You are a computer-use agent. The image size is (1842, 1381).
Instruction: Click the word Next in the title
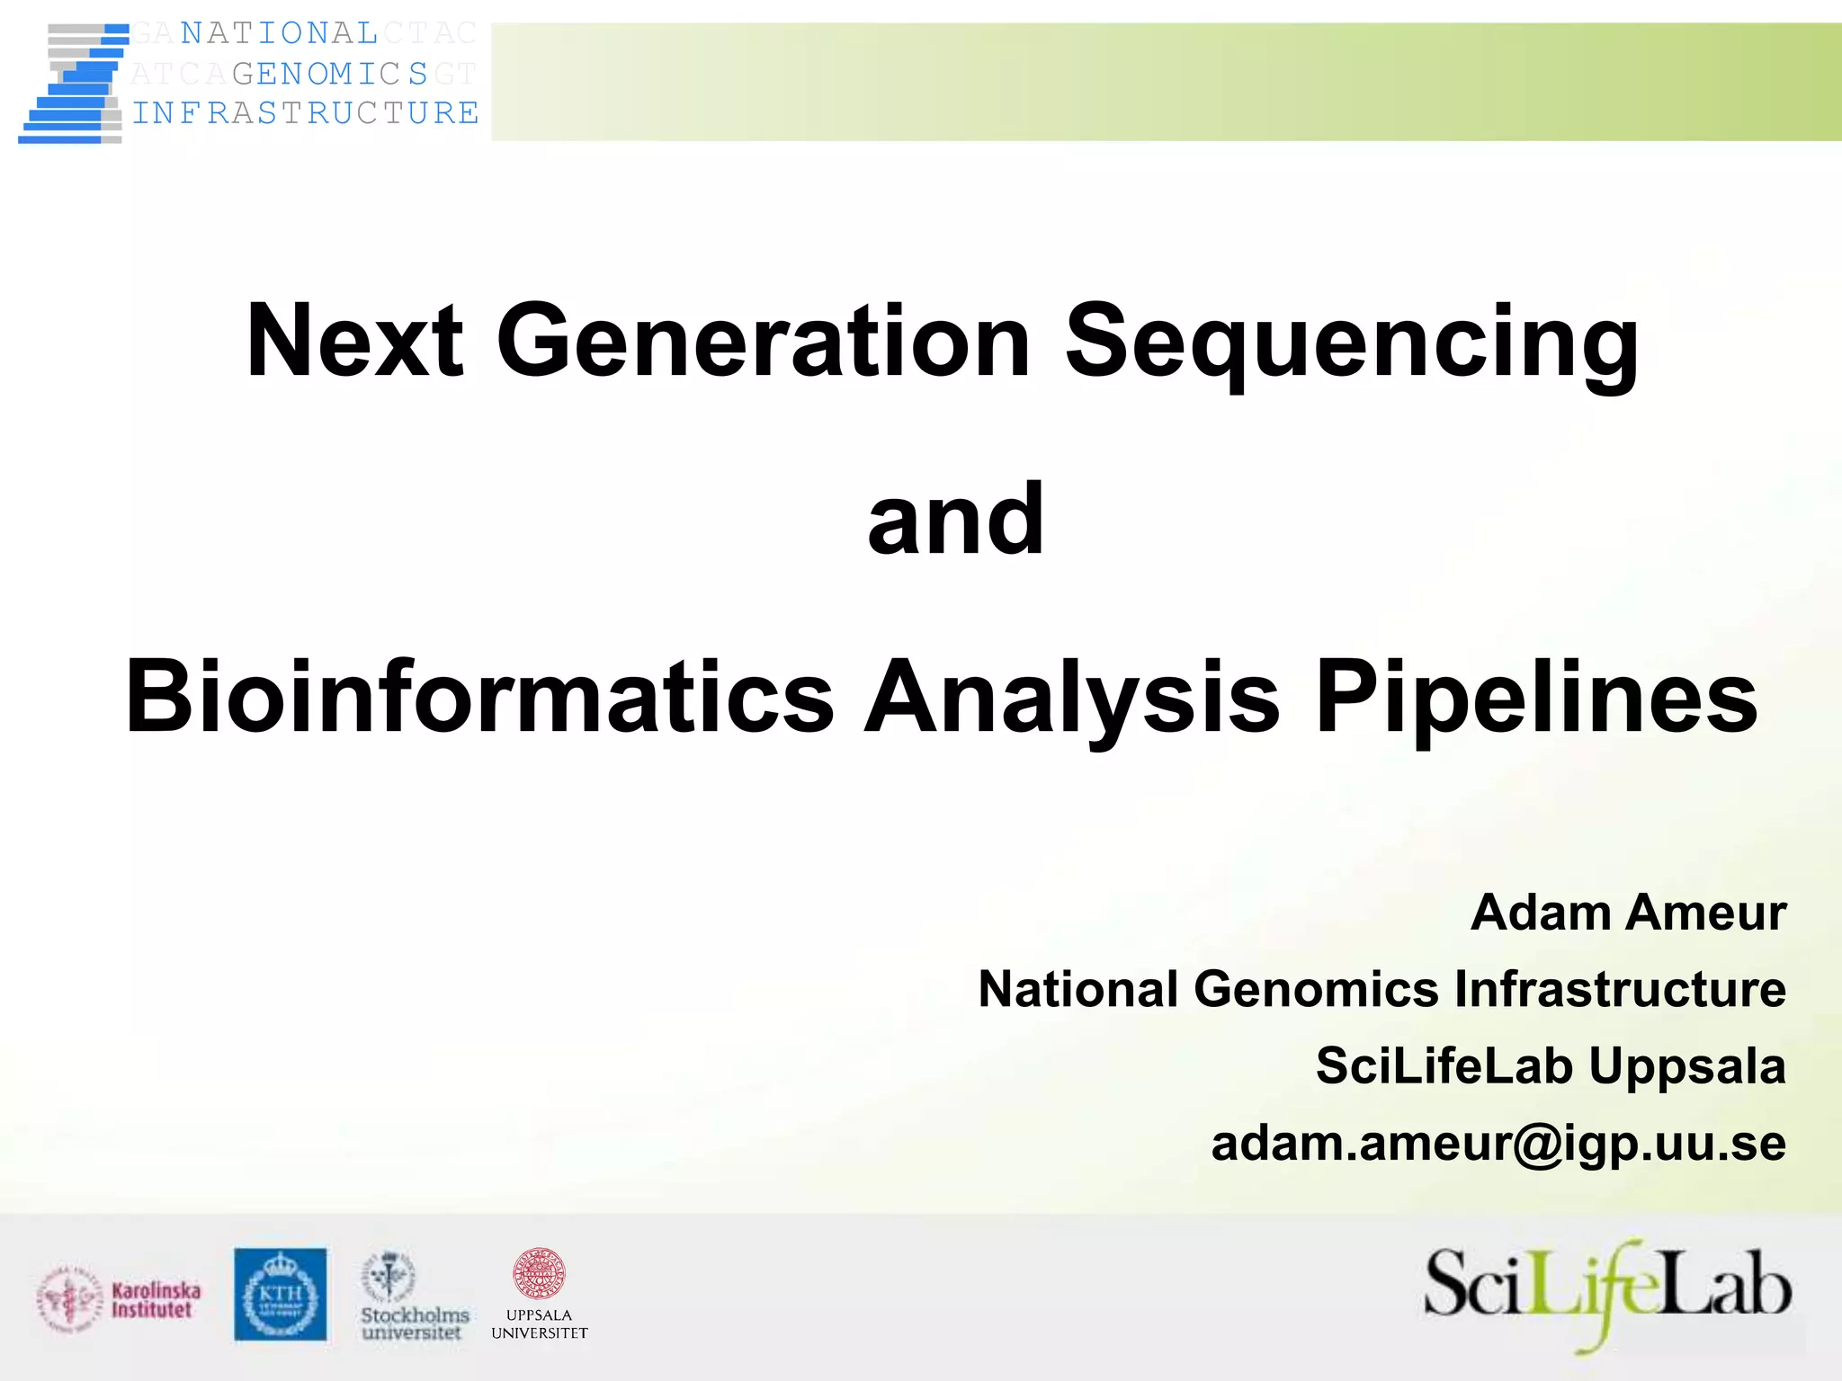click(x=354, y=342)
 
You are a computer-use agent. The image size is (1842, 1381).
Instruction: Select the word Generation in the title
click(x=763, y=342)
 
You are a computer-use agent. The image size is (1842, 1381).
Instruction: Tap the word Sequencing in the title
click(x=1352, y=344)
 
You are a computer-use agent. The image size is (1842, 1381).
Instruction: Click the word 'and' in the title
click(x=956, y=519)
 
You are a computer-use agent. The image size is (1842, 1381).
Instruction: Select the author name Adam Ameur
click(x=1628, y=913)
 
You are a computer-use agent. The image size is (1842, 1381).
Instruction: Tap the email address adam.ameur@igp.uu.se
click(x=1498, y=1144)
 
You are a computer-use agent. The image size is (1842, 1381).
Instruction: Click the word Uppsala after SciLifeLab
click(x=1686, y=1067)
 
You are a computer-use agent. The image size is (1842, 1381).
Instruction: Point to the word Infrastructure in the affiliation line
click(x=1620, y=989)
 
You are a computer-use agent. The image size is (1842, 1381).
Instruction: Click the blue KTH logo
click(x=281, y=1294)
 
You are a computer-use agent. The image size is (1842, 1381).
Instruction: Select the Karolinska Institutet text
click(x=156, y=1300)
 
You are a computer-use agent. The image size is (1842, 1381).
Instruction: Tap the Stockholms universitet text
click(x=415, y=1323)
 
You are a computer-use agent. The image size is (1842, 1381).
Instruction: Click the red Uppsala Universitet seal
click(x=539, y=1273)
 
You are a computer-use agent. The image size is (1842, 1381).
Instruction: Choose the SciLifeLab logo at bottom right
click(x=1607, y=1293)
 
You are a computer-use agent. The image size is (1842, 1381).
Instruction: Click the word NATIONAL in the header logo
click(x=279, y=33)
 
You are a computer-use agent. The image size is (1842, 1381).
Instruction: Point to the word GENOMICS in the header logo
click(x=330, y=74)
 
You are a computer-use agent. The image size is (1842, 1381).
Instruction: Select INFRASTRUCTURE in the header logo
click(x=306, y=113)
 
